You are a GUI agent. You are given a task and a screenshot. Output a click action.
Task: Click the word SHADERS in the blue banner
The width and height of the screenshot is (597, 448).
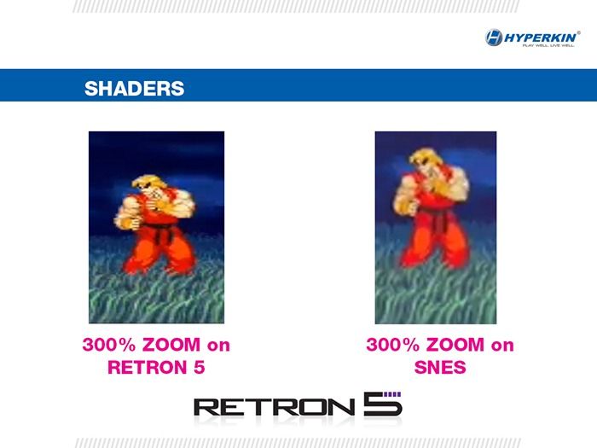pyautogui.click(x=134, y=88)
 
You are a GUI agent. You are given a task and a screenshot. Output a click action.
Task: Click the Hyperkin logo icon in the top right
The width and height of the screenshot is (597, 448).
pyautogui.click(x=495, y=37)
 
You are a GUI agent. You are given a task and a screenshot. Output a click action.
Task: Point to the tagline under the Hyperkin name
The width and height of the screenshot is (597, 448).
pyautogui.click(x=548, y=45)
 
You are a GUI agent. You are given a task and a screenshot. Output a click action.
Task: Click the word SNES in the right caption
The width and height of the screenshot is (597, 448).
pyautogui.click(x=439, y=368)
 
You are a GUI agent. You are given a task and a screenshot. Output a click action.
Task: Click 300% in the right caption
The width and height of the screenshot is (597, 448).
pyautogui.click(x=390, y=346)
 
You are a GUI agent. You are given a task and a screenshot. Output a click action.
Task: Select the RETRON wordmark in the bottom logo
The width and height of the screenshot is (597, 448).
pyautogui.click(x=273, y=407)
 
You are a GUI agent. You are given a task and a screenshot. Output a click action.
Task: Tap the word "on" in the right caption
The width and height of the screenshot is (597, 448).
pyautogui.click(x=502, y=346)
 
